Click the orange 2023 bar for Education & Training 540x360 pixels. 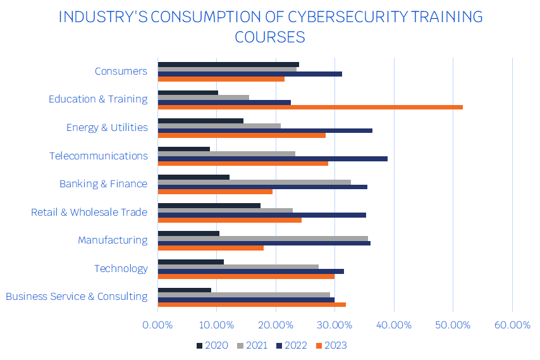(x=310, y=107)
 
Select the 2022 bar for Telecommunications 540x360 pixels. (x=272, y=159)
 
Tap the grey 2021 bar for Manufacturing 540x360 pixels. (x=262, y=239)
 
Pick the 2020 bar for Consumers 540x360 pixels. (x=228, y=65)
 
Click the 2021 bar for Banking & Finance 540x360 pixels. (x=254, y=182)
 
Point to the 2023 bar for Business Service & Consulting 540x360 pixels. (x=251, y=304)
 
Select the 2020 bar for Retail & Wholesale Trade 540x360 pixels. (x=209, y=206)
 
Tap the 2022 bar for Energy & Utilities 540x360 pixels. (x=264, y=130)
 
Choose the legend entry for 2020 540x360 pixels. (x=212, y=345)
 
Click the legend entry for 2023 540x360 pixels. (x=331, y=345)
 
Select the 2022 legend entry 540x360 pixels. (x=291, y=345)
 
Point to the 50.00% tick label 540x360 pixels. (x=453, y=325)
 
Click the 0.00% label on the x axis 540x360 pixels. (x=157, y=325)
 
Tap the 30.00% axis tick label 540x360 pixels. (x=334, y=325)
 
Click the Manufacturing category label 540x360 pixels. (x=113, y=240)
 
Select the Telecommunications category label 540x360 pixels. (x=99, y=156)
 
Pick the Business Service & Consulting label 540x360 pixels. (x=77, y=296)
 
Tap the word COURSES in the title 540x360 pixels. (x=270, y=37)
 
